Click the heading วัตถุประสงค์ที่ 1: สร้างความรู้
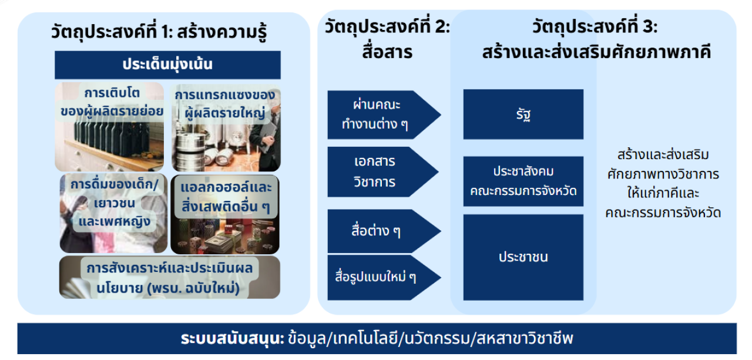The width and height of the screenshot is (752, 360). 159,32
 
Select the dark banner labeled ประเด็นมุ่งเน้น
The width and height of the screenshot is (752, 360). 167,65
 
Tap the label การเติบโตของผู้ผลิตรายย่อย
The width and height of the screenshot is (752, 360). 112,102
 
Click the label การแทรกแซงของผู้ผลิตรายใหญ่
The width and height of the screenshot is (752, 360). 225,104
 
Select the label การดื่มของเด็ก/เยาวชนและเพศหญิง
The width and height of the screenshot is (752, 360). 115,203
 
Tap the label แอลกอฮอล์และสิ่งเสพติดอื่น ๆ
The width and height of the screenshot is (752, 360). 226,197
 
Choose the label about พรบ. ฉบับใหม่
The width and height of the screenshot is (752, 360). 169,278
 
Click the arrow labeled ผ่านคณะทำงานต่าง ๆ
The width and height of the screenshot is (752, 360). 384,115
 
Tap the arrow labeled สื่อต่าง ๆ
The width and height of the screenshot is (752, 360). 384,231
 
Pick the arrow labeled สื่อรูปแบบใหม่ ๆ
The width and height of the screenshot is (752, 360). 384,277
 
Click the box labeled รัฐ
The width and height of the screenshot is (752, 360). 523,115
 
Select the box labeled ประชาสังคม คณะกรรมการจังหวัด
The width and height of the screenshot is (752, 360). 523,181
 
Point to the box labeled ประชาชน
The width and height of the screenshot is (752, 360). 523,257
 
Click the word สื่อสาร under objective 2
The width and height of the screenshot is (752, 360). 387,52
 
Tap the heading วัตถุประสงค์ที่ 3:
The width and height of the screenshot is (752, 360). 595,27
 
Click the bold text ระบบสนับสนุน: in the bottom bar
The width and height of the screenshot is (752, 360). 233,338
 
